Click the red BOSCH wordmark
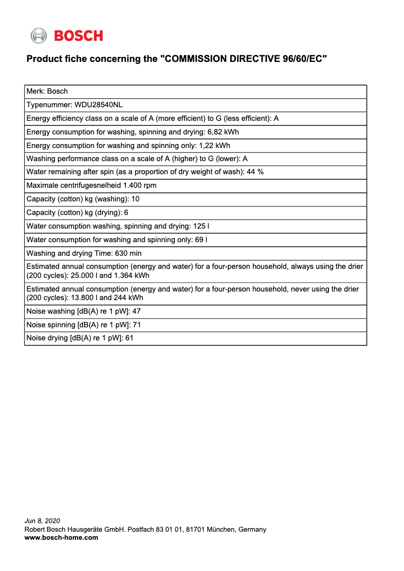pyautogui.click(x=78, y=36)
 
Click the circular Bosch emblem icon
pyautogui.click(x=39, y=36)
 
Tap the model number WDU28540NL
pyautogui.click(x=98, y=105)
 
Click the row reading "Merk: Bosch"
pyautogui.click(x=47, y=91)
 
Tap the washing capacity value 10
pyautogui.click(x=135, y=199)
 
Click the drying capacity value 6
pyautogui.click(x=126, y=212)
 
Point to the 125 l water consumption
pyautogui.click(x=201, y=226)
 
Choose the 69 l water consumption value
pyautogui.click(x=201, y=240)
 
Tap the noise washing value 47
pyautogui.click(x=136, y=312)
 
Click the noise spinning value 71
pyautogui.click(x=137, y=325)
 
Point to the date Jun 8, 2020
pyautogui.click(x=42, y=521)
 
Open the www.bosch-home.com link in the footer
pyautogui.click(x=61, y=537)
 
